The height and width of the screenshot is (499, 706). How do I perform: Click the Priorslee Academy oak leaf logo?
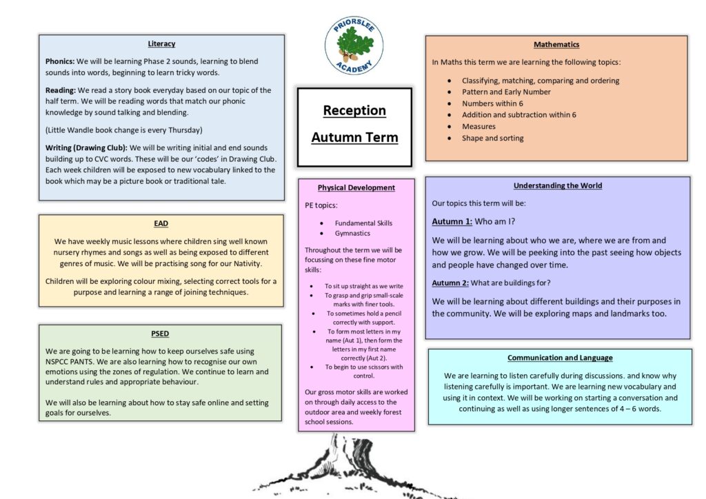click(x=354, y=45)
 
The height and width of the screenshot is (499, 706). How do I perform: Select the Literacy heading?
click(x=161, y=43)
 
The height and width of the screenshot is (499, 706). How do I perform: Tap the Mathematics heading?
click(x=556, y=45)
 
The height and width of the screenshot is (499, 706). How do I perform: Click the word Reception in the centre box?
click(x=354, y=110)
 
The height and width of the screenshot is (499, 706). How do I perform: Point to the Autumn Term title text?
click(x=354, y=137)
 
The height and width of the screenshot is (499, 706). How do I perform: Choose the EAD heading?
click(x=161, y=223)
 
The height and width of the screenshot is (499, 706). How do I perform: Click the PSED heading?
click(x=160, y=334)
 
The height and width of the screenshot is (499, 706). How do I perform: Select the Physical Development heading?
click(x=356, y=187)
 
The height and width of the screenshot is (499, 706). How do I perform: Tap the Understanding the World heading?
click(x=557, y=185)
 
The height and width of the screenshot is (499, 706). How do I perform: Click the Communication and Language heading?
click(x=560, y=358)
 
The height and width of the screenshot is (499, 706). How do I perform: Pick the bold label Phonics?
click(x=60, y=61)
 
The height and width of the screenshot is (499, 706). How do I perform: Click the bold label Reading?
click(x=61, y=90)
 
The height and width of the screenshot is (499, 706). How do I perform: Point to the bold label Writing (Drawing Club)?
click(x=86, y=147)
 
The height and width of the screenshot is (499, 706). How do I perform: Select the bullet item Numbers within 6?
click(x=492, y=103)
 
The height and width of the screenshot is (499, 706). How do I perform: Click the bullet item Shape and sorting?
click(x=492, y=138)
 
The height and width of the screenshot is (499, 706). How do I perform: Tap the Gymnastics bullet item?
click(x=352, y=233)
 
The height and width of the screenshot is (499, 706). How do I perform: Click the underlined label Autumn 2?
click(x=450, y=283)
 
